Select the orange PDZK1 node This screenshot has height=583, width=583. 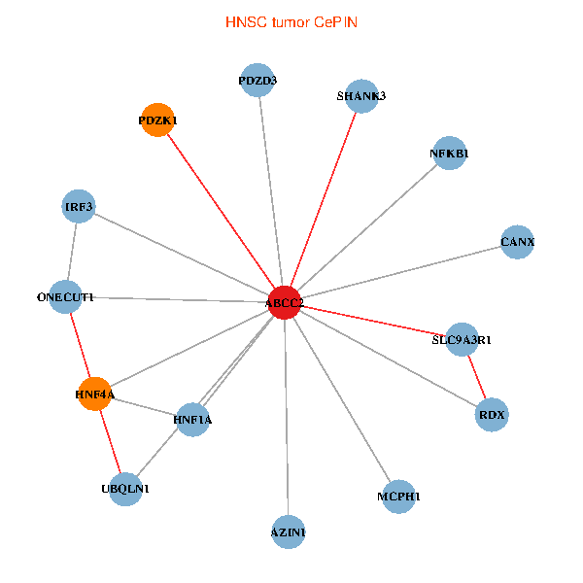pyautogui.click(x=157, y=120)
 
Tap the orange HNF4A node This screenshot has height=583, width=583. pyautogui.click(x=94, y=394)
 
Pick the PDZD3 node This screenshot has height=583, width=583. pyautogui.click(x=257, y=81)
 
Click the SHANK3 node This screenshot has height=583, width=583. pyautogui.click(x=361, y=95)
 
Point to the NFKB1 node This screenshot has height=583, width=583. pyautogui.click(x=449, y=154)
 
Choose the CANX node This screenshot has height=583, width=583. pyautogui.click(x=517, y=241)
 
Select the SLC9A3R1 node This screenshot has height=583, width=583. pyautogui.click(x=462, y=340)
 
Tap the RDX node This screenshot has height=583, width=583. pyautogui.click(x=493, y=416)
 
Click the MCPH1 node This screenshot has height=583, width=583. pyautogui.click(x=398, y=497)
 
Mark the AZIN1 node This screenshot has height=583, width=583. pyautogui.click(x=288, y=532)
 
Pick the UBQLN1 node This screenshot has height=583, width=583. pyautogui.click(x=125, y=489)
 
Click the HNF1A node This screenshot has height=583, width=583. pyautogui.click(x=192, y=420)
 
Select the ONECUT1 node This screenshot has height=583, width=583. pyautogui.click(x=65, y=297)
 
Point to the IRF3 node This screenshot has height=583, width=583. pyautogui.click(x=78, y=206)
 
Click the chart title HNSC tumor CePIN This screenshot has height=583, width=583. pyautogui.click(x=291, y=21)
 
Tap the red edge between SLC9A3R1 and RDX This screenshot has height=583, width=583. pyautogui.click(x=477, y=378)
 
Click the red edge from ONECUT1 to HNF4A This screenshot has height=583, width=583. pyautogui.click(x=80, y=346)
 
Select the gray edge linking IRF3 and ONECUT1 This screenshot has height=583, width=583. pyautogui.click(x=72, y=252)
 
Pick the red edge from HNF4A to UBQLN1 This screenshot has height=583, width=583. pyautogui.click(x=110, y=442)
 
